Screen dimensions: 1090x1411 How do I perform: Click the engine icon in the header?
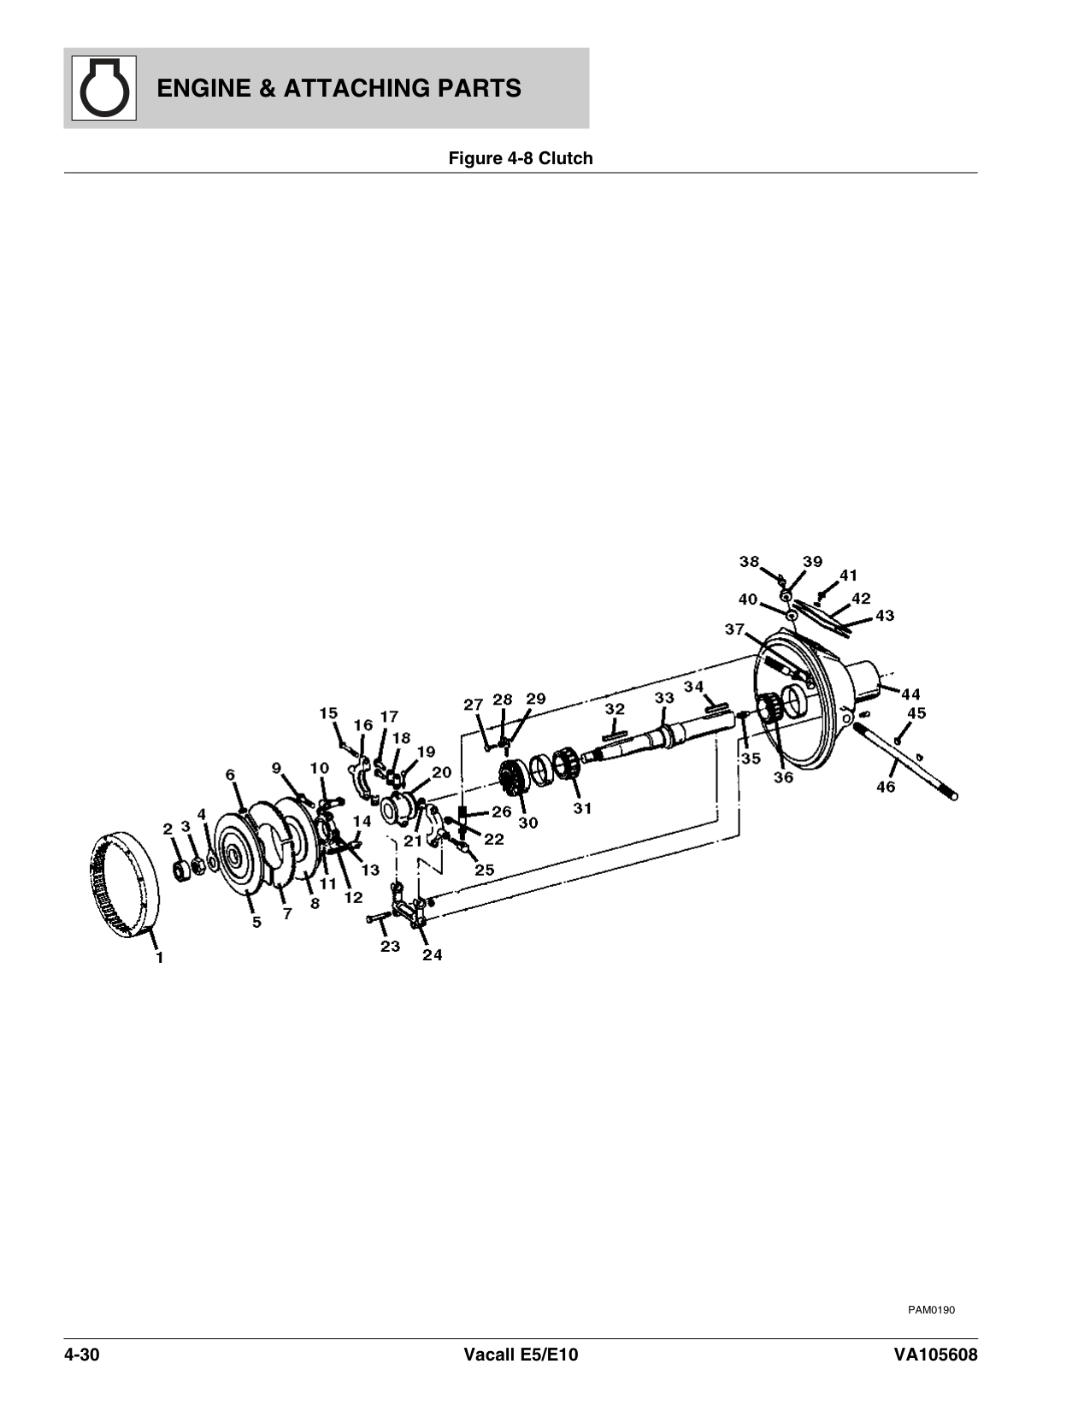104,88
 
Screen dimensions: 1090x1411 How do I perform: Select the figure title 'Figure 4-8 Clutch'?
521,158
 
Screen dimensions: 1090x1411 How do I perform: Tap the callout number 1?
159,957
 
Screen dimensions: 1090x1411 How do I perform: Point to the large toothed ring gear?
123,883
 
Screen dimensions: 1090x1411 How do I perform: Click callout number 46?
886,787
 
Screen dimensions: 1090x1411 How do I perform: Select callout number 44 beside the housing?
910,694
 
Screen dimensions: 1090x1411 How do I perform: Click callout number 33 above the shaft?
664,698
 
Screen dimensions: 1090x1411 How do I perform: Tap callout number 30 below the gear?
528,823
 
